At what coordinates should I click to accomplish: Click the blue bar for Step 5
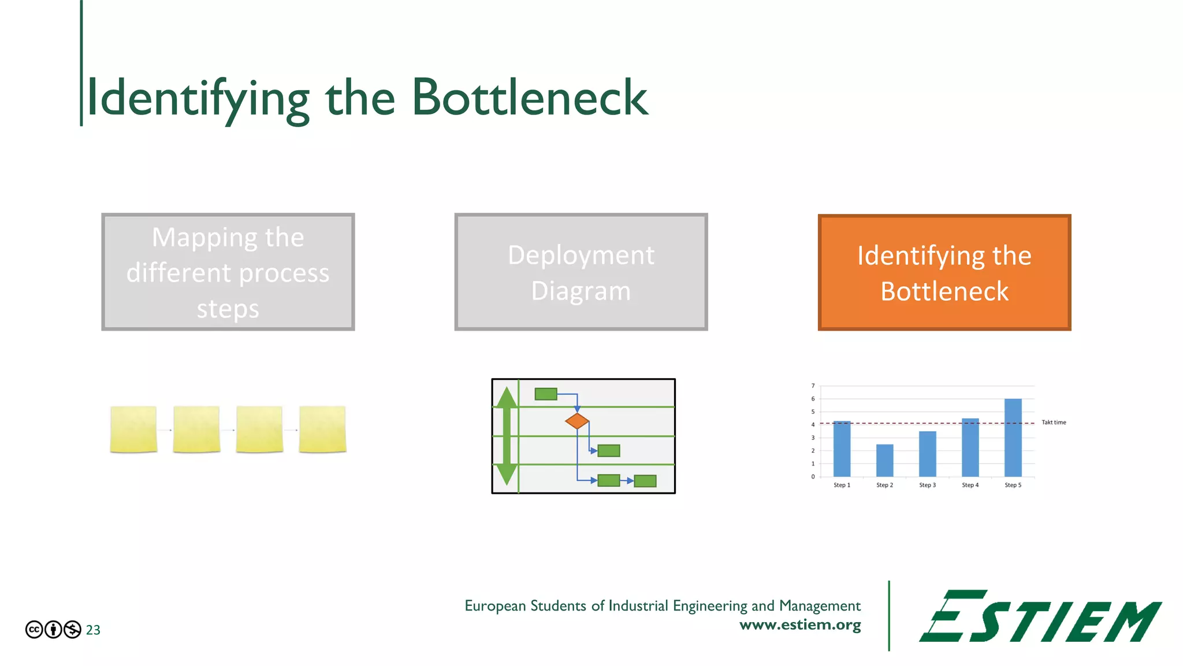pyautogui.click(x=1013, y=438)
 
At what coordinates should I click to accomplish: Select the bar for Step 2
pyautogui.click(x=884, y=460)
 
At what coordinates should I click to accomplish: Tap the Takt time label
pyautogui.click(x=1054, y=423)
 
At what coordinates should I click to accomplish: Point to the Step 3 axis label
pyautogui.click(x=927, y=485)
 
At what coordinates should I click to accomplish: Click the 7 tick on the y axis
pyautogui.click(x=813, y=386)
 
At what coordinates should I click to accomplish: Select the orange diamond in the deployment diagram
pyautogui.click(x=577, y=421)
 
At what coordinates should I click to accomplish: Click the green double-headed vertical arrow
pyautogui.click(x=507, y=436)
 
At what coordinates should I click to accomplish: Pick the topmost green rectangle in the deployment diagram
pyautogui.click(x=546, y=394)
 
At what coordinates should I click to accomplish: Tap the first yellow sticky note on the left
pyautogui.click(x=133, y=429)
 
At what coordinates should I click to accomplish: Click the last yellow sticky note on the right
pyautogui.click(x=322, y=429)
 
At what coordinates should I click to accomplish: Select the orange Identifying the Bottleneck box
pyautogui.click(x=944, y=272)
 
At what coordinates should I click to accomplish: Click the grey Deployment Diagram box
pyautogui.click(x=581, y=272)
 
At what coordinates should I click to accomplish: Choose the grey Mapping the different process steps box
pyautogui.click(x=228, y=272)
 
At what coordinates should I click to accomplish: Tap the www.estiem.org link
pyautogui.click(x=800, y=625)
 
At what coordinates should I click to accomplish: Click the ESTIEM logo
pyautogui.click(x=1040, y=616)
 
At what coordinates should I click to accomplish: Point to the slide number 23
pyautogui.click(x=93, y=630)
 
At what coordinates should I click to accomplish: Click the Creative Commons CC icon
pyautogui.click(x=34, y=630)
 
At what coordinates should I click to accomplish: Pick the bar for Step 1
pyautogui.click(x=842, y=449)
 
